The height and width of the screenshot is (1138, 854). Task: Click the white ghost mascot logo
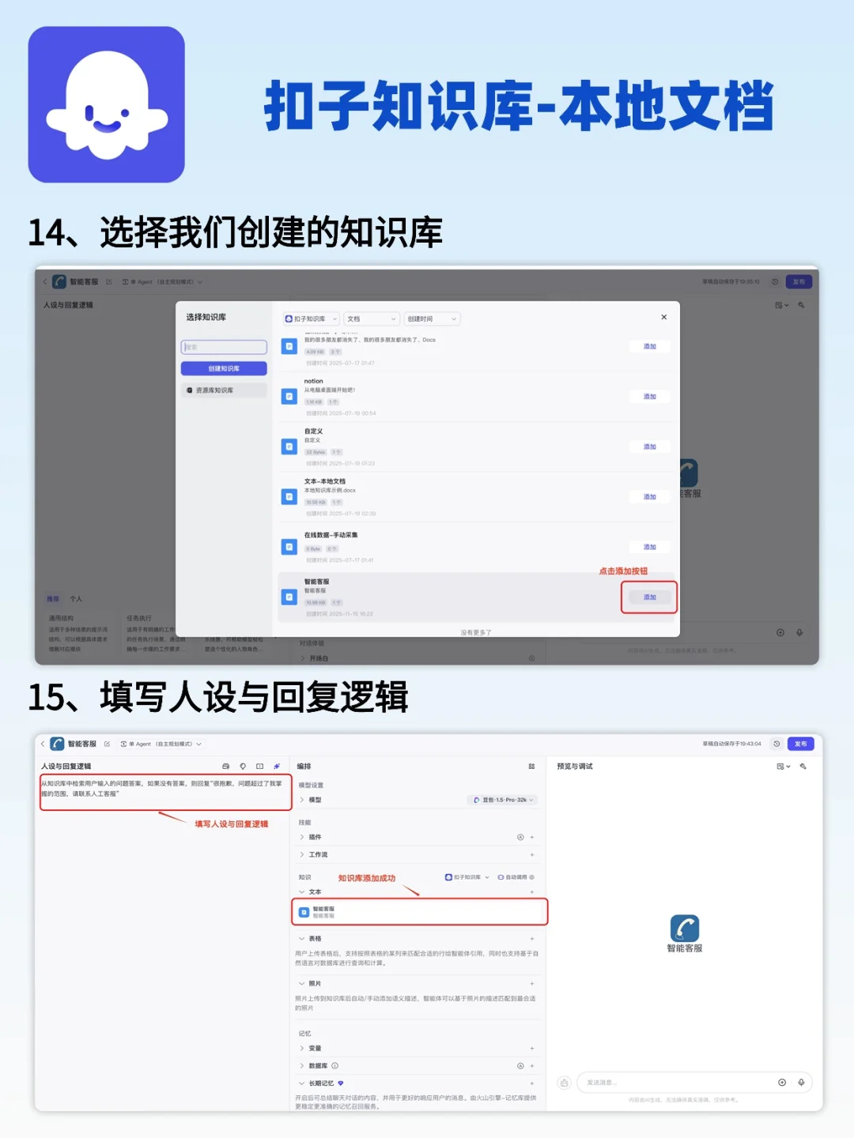tap(107, 105)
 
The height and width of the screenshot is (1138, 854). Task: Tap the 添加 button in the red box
tap(649, 597)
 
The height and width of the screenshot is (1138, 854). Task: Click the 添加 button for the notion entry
tap(649, 397)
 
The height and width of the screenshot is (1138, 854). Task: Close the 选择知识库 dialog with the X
tap(663, 317)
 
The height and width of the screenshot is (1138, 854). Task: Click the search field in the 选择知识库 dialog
tap(224, 347)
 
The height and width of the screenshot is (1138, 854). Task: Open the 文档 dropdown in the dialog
tap(371, 318)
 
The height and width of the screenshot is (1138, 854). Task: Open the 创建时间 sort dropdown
tap(432, 318)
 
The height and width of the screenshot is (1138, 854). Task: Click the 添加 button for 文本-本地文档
tap(649, 497)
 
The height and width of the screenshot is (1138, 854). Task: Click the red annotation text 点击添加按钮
tap(623, 571)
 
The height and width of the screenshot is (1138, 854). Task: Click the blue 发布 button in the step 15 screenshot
tap(800, 744)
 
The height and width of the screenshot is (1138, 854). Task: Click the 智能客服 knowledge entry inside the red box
tap(323, 911)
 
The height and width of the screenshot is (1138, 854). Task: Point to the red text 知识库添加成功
tap(367, 878)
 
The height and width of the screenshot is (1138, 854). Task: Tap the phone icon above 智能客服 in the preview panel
tap(684, 928)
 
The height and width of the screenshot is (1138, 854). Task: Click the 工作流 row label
tap(318, 854)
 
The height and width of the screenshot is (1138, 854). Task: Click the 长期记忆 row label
tap(321, 1083)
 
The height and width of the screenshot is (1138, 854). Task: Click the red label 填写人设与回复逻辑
tap(232, 823)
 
